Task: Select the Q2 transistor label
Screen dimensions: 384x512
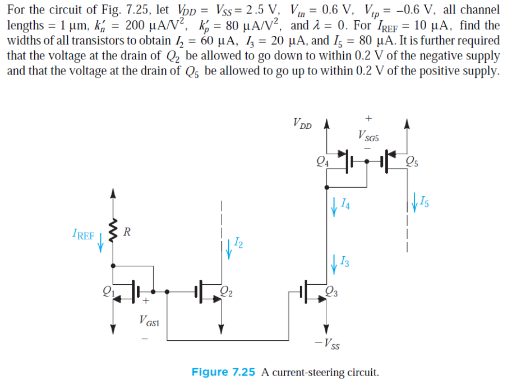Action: [x=228, y=290]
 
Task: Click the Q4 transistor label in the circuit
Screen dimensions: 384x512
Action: [x=321, y=163]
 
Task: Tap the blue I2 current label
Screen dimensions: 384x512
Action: [x=238, y=243]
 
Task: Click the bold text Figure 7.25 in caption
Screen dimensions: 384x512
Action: [x=223, y=372]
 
